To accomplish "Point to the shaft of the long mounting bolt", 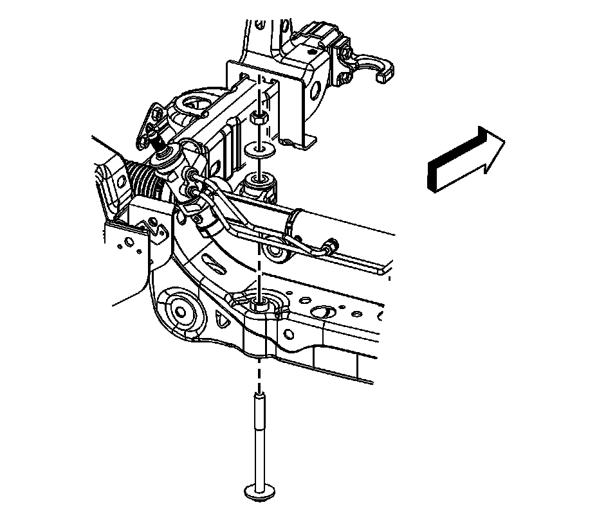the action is pos(259,437).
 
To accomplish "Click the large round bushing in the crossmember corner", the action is pos(183,313).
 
